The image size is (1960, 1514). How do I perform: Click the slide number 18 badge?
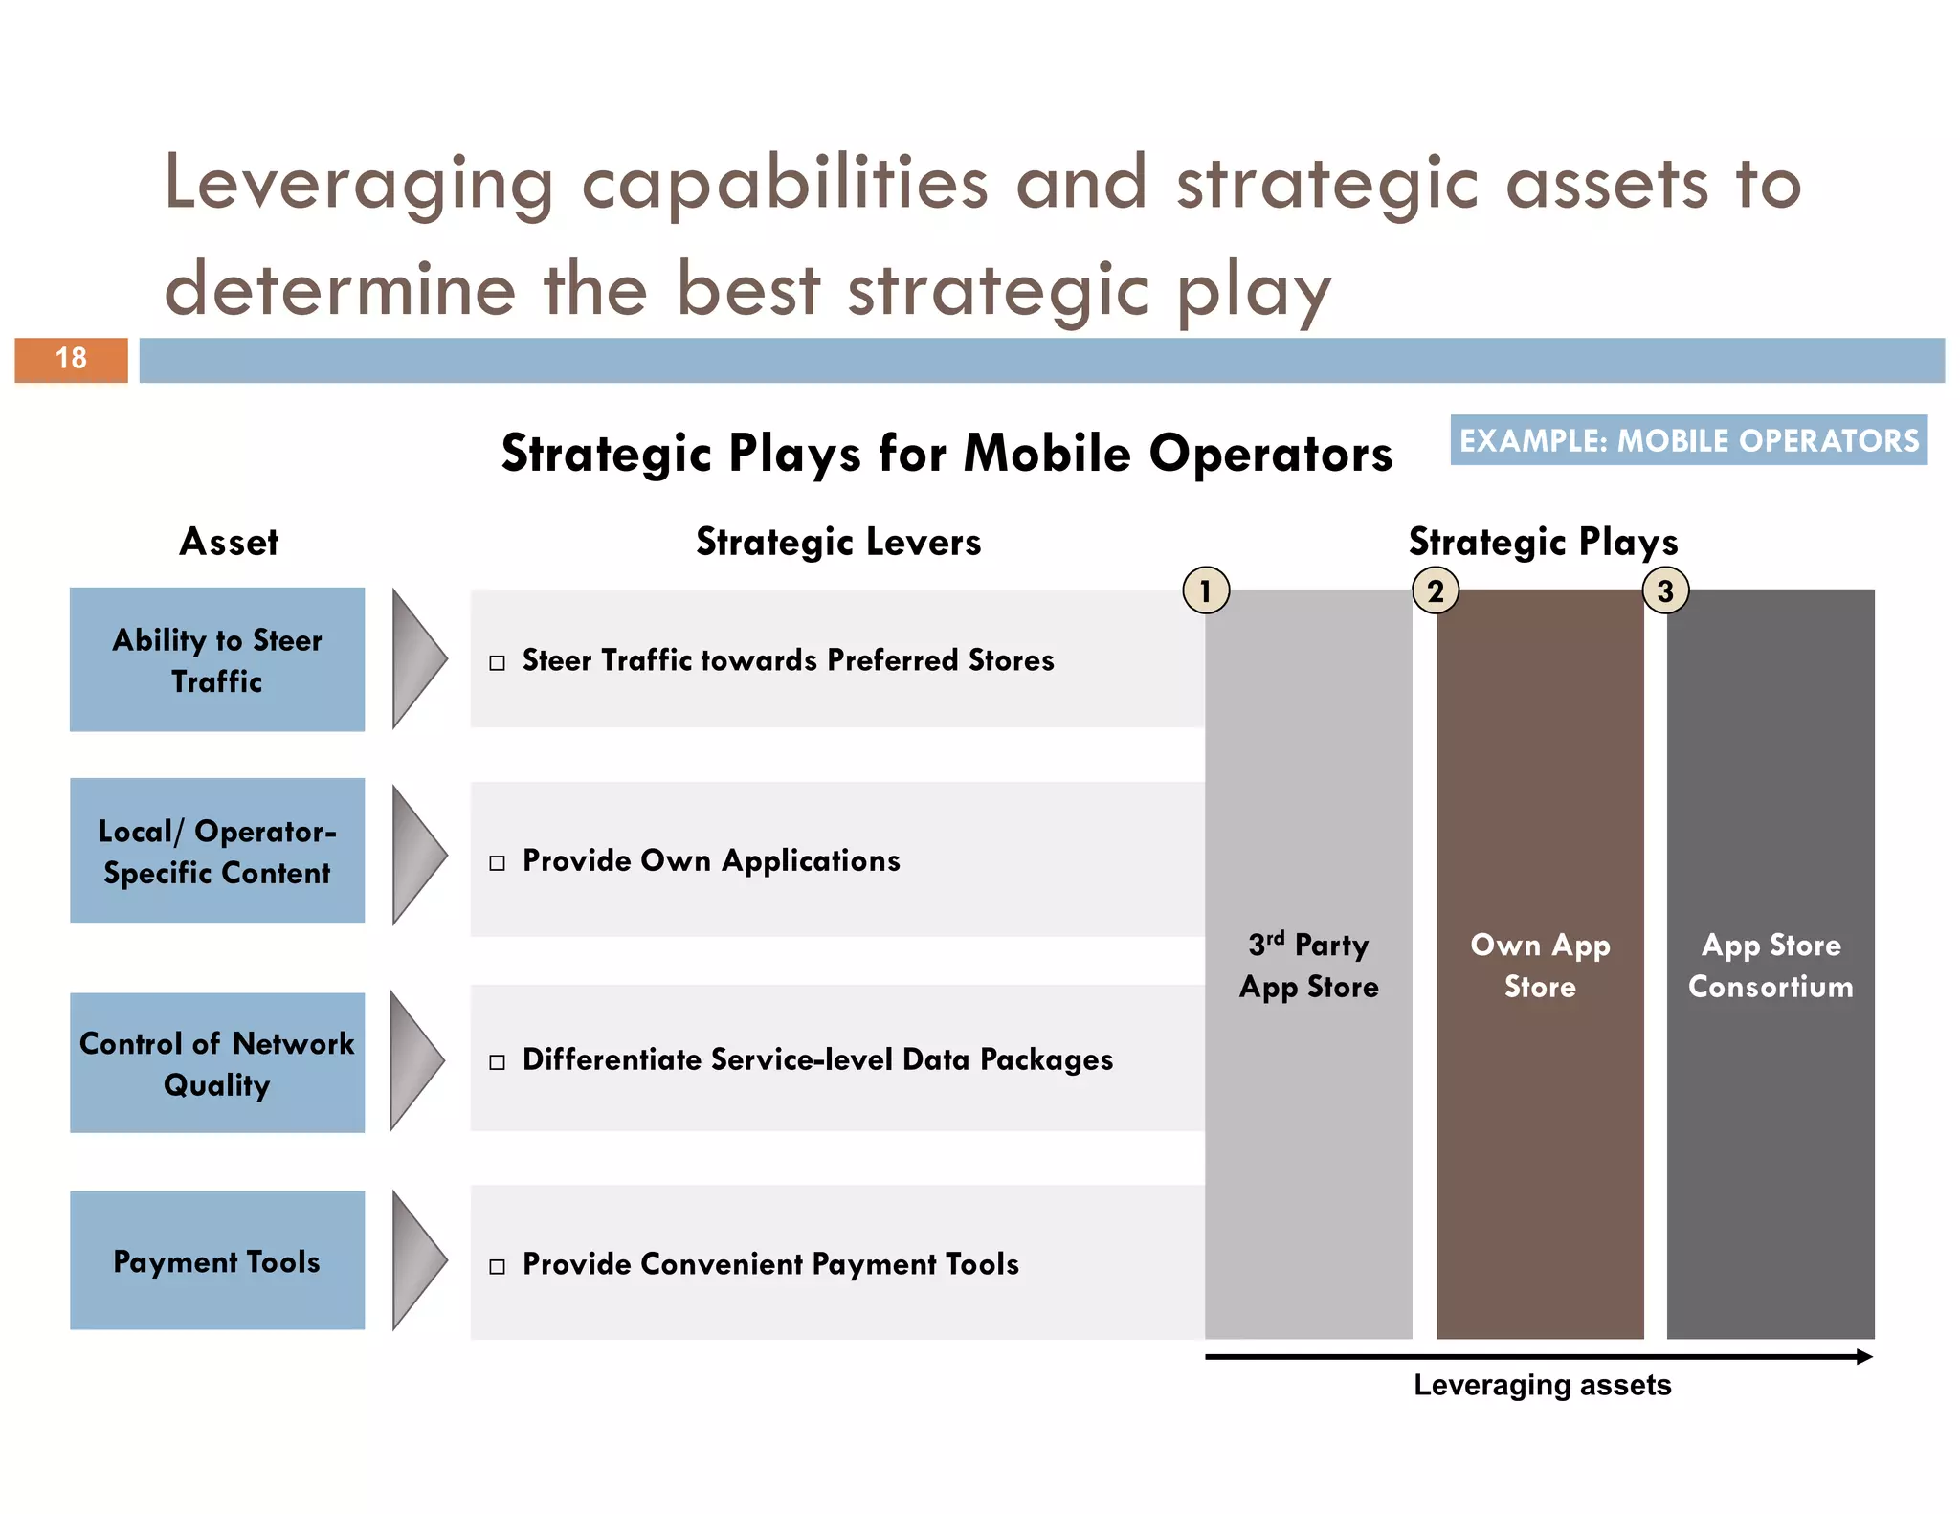click(71, 360)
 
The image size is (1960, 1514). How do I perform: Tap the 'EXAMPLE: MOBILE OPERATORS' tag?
click(1688, 440)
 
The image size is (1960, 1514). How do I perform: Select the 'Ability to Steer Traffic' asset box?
click(217, 660)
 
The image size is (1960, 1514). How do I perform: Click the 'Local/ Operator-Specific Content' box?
click(217, 851)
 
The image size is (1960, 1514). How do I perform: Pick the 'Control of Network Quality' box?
click(217, 1063)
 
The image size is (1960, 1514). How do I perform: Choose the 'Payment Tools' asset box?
click(217, 1260)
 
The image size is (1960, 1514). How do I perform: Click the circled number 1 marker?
click(1206, 590)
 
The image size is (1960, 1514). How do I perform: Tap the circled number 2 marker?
click(1436, 590)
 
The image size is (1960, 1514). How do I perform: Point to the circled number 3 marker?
click(1665, 590)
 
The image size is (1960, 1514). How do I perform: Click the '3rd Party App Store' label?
click(1308, 966)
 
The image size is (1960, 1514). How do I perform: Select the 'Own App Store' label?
click(1540, 966)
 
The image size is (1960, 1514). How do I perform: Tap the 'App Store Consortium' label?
click(1771, 966)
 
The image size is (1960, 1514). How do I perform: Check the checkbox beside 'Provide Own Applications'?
click(497, 863)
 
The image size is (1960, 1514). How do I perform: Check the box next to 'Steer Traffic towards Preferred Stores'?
click(497, 663)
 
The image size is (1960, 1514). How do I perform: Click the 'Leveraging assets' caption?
click(1542, 1385)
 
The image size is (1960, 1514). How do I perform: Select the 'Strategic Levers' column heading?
click(838, 542)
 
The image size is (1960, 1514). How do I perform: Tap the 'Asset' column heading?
click(229, 542)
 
